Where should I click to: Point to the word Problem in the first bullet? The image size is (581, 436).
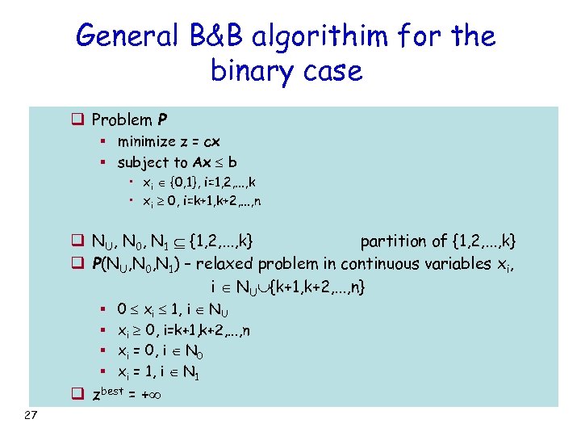[123, 120]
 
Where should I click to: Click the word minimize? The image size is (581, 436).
[149, 141]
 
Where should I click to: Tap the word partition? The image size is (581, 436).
[394, 241]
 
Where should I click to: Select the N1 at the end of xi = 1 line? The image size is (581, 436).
[192, 373]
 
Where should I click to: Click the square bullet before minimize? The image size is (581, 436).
[105, 142]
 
